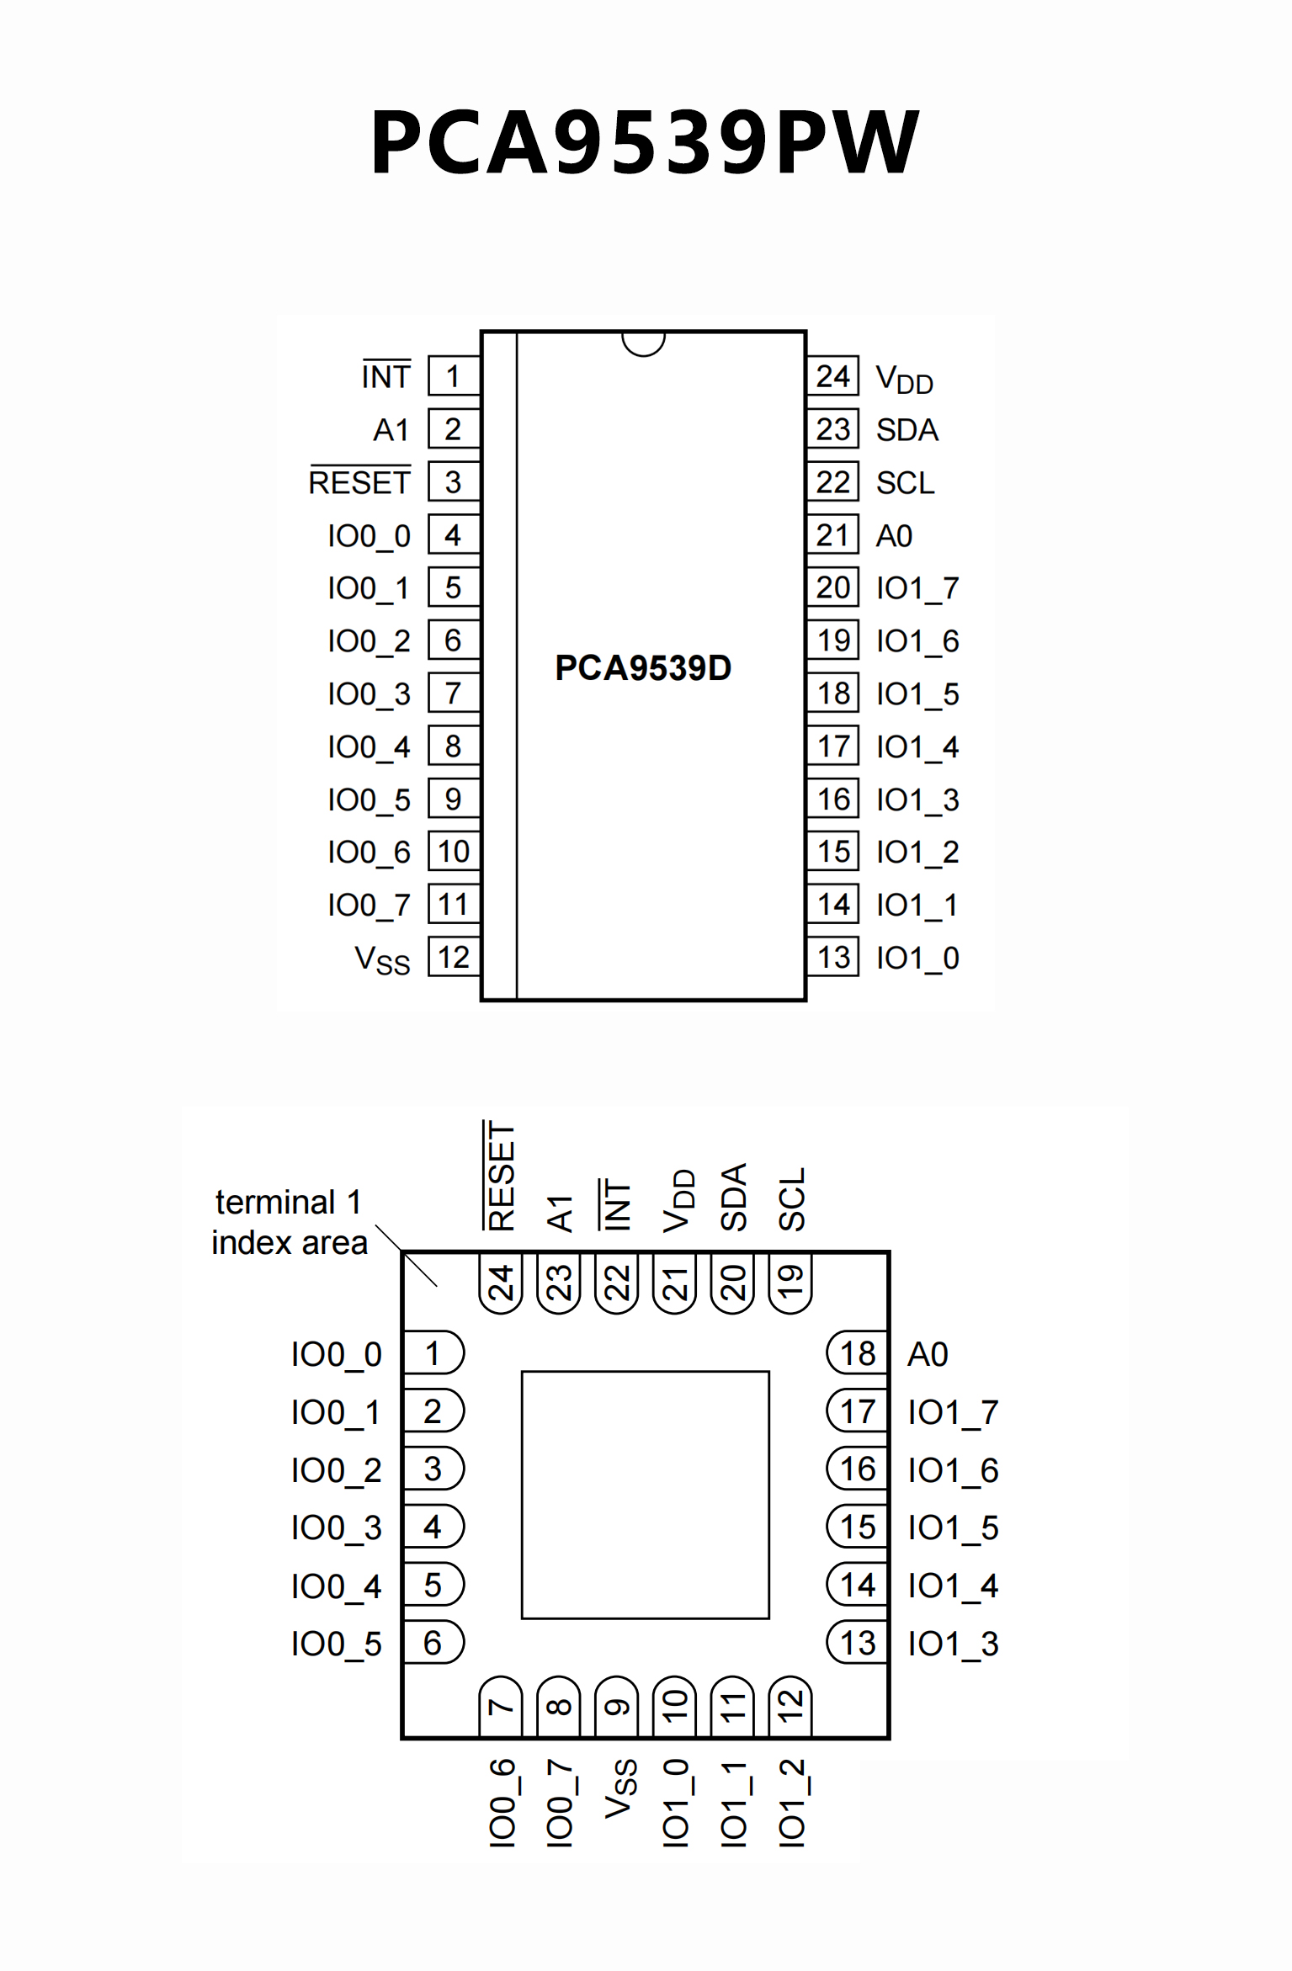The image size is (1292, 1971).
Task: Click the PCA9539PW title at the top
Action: point(645,141)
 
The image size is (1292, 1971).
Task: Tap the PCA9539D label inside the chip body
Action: point(643,667)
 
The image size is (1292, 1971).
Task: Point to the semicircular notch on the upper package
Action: point(644,343)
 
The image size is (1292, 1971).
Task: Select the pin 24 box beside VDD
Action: point(832,376)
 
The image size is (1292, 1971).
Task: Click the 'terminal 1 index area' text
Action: point(289,1222)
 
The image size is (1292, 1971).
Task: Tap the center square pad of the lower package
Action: point(645,1495)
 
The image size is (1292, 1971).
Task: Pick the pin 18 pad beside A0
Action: point(857,1353)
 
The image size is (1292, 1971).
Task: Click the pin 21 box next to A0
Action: point(832,535)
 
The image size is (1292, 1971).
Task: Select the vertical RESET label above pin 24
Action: point(501,1176)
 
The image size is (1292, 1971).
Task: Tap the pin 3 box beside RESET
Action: point(453,482)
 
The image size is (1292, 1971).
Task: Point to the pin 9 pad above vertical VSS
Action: point(617,1706)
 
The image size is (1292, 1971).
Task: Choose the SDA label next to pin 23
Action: point(907,430)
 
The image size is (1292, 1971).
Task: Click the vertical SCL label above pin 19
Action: point(791,1199)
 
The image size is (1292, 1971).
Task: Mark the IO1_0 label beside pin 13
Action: point(917,958)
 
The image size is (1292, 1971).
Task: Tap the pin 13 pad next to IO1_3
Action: point(857,1643)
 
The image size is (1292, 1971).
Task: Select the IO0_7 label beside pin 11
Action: point(369,906)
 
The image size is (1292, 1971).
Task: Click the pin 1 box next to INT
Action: point(453,376)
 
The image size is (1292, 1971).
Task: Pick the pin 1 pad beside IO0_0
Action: point(433,1353)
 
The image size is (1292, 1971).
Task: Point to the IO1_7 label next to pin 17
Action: point(953,1412)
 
